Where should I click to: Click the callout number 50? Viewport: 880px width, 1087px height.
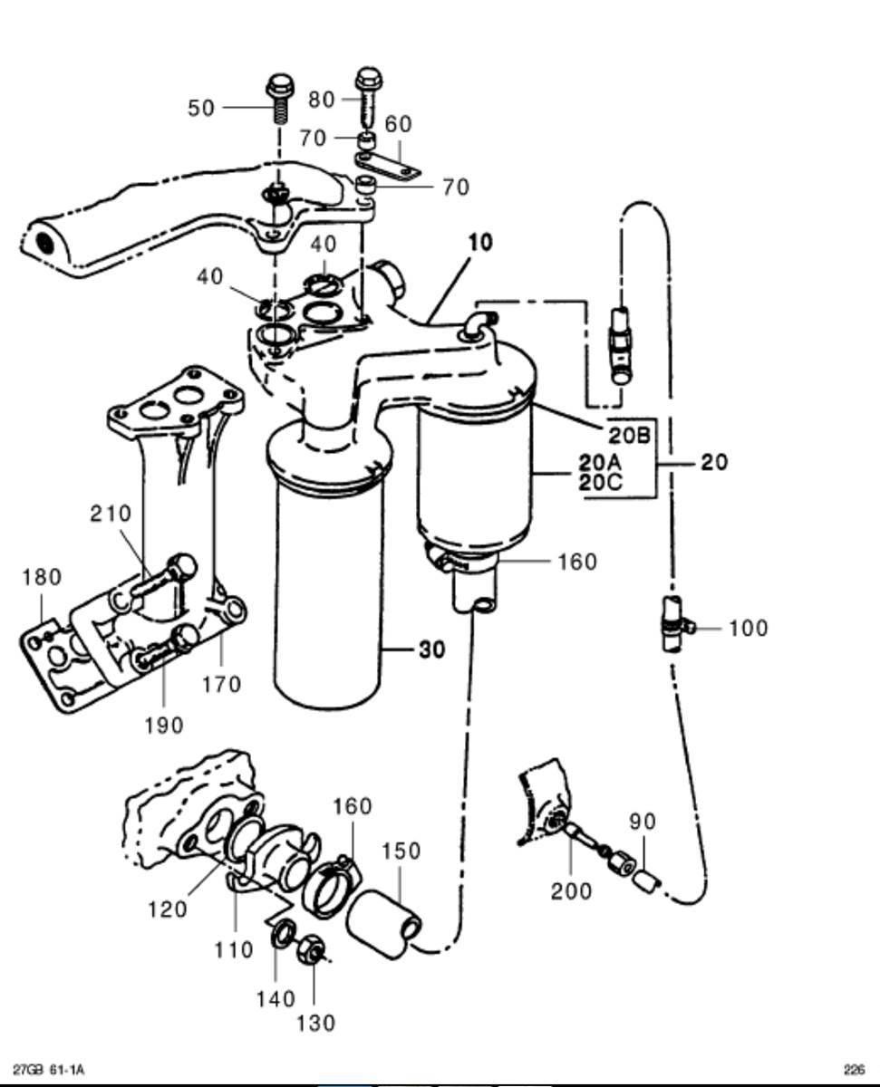(201, 108)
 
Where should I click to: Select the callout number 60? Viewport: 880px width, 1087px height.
(398, 124)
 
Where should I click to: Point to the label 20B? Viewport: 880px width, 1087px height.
(630, 436)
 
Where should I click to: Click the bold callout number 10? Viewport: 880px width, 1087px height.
(480, 243)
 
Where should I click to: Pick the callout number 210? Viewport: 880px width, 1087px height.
(111, 514)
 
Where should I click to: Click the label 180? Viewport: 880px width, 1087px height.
(42, 577)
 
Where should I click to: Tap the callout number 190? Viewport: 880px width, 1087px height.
(163, 725)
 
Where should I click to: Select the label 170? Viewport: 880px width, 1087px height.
(221, 684)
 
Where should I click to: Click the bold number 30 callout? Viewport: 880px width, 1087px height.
(431, 649)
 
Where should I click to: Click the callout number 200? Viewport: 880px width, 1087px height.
(571, 891)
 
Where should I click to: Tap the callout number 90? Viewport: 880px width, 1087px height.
(643, 822)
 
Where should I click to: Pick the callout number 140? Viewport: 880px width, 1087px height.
(276, 998)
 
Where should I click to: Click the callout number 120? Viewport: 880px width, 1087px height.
(169, 908)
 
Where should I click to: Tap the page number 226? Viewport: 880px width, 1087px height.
(854, 1070)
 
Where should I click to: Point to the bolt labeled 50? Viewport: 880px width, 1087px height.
(277, 105)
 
